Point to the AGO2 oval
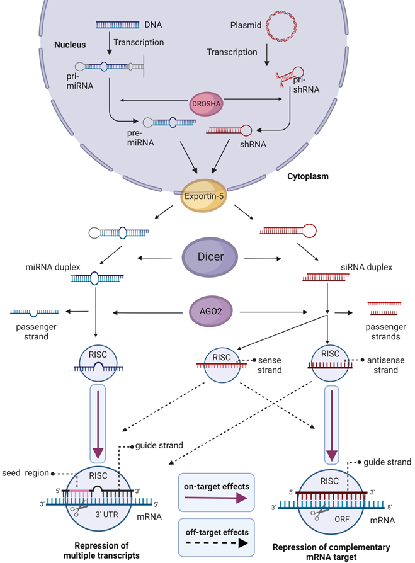tap(208, 312)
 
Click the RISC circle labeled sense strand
tap(220, 363)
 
